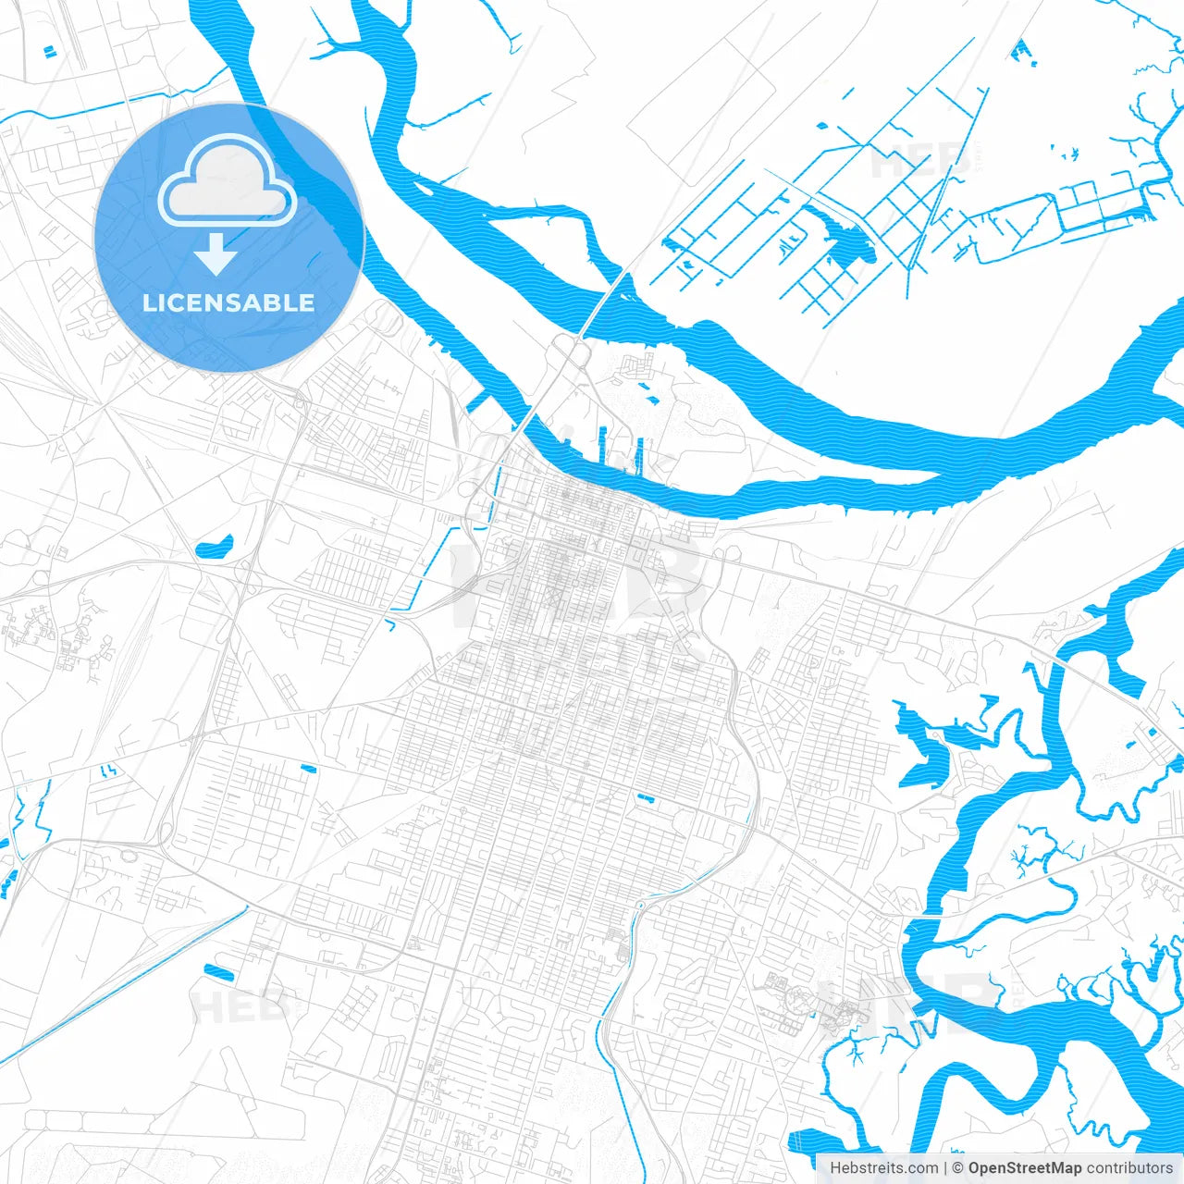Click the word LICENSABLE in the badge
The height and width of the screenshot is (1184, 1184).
(x=228, y=303)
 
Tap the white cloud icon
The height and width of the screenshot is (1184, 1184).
(x=227, y=181)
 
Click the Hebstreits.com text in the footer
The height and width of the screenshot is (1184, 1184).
(x=883, y=1168)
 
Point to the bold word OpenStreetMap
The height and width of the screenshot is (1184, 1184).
(x=1025, y=1168)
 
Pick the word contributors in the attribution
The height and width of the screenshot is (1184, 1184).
(x=1129, y=1168)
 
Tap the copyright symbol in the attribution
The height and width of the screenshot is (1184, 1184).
(x=958, y=1168)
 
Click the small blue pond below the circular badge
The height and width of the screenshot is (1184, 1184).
(x=214, y=548)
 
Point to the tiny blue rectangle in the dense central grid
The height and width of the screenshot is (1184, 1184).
(x=645, y=797)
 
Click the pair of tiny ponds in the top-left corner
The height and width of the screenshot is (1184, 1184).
(x=48, y=48)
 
